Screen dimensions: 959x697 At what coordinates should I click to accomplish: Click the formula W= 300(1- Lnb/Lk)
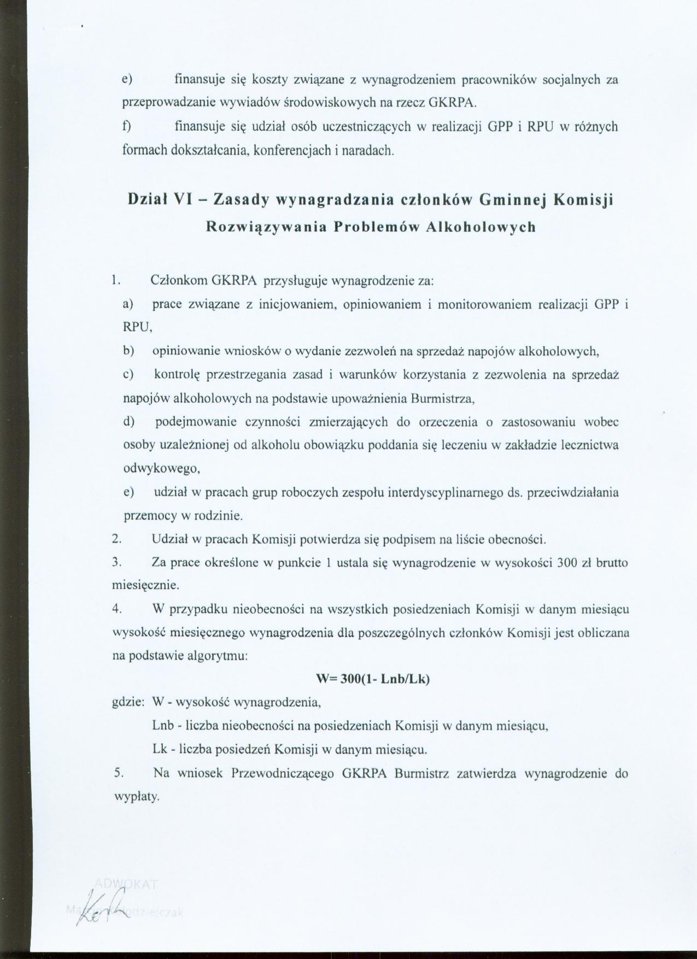[x=373, y=680]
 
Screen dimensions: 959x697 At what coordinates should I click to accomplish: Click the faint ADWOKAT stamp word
[x=126, y=884]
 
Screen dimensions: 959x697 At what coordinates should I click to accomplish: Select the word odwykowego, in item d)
[x=156, y=469]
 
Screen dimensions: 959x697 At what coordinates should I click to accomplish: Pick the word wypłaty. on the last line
[x=136, y=797]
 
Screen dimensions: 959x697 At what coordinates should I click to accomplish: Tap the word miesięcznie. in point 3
[x=146, y=586]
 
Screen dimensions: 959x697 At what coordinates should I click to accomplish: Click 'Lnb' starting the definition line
[x=163, y=726]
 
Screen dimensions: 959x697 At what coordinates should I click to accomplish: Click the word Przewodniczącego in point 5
[x=279, y=774]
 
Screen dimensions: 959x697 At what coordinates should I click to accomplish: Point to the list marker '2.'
[x=116, y=539]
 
